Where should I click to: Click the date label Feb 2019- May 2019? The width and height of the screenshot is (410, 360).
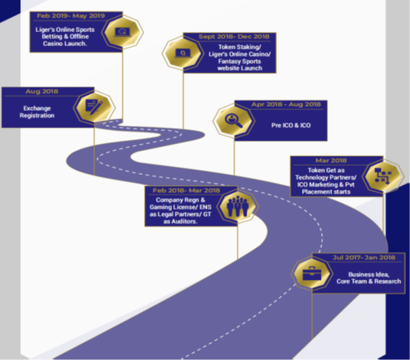point(70,16)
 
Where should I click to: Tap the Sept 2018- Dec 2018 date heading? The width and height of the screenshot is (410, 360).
point(234,37)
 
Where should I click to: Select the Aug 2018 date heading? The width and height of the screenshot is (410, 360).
point(42,91)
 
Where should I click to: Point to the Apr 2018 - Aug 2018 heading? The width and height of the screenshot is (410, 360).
point(286,104)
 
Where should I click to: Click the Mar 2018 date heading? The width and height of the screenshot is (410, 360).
point(331,160)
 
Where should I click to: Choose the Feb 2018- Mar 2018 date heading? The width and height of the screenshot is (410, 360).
point(186,191)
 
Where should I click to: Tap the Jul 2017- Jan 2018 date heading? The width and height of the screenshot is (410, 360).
point(364,258)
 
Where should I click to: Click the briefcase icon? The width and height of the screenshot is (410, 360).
point(312,274)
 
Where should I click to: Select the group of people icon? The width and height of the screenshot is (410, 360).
point(237,206)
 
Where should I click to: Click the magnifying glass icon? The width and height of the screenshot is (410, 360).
point(233,120)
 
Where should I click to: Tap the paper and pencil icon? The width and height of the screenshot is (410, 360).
point(94,107)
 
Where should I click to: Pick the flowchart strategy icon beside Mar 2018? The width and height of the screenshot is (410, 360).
point(383,176)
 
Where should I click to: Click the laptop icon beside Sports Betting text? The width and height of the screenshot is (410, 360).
point(122,32)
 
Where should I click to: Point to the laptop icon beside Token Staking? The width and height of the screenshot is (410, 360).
point(183,53)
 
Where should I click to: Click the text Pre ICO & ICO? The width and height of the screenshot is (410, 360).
point(291,125)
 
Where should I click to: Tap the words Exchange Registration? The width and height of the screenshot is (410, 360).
point(37,111)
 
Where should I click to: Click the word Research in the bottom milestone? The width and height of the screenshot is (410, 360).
point(388,281)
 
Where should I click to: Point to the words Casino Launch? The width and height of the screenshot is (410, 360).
point(65,43)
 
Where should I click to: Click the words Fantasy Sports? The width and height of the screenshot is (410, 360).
point(239,61)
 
